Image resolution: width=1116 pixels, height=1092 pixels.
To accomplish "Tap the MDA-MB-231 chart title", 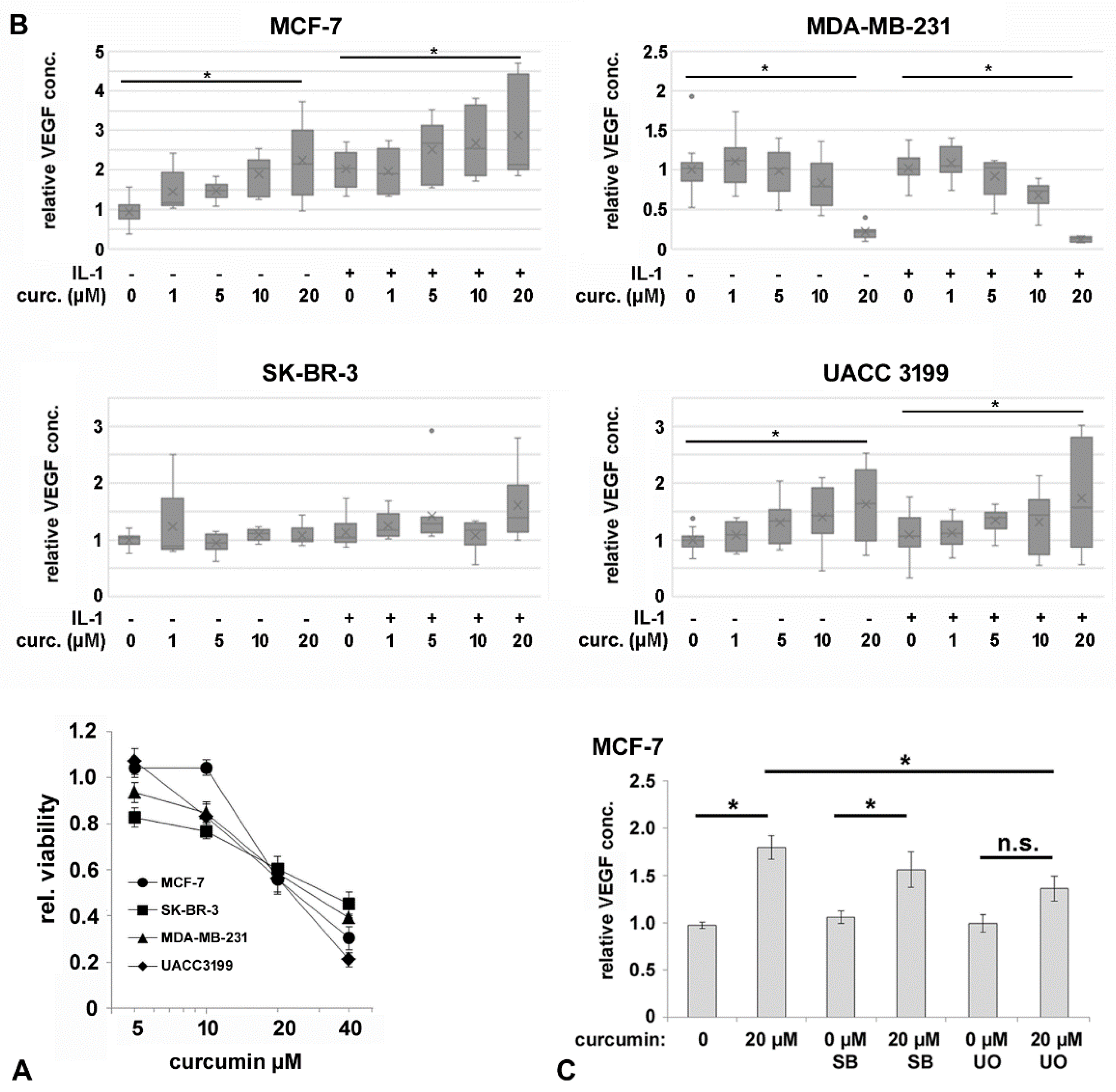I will (x=878, y=27).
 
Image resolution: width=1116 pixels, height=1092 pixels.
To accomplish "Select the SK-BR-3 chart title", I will (x=310, y=373).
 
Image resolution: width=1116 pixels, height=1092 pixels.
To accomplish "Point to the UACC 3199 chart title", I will (x=885, y=373).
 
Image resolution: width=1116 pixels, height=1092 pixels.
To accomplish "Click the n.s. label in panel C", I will (x=1017, y=843).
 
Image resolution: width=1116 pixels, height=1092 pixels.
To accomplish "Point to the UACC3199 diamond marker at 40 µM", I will (x=348, y=959).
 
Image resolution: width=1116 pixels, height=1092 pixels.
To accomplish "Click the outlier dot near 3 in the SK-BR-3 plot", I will (x=431, y=431).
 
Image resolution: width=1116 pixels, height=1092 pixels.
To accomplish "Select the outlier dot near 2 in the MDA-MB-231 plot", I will (x=691, y=97).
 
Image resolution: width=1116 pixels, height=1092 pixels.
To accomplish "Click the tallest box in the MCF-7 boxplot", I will (x=518, y=122).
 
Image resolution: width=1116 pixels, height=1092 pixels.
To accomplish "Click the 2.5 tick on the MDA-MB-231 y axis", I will (x=654, y=52).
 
